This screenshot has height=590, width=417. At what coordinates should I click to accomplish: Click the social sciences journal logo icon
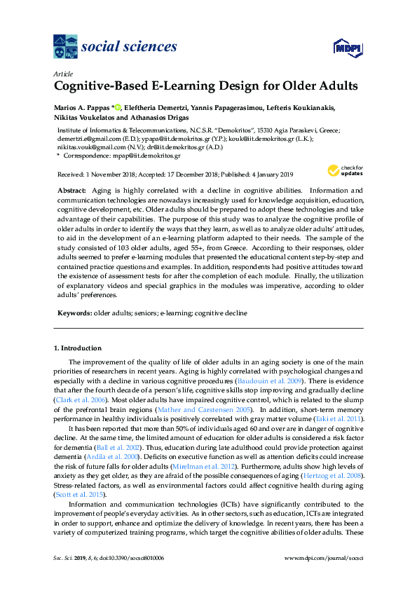66,47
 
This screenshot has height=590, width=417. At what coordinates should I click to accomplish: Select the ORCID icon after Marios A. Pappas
118,107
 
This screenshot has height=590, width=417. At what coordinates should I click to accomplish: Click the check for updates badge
342,170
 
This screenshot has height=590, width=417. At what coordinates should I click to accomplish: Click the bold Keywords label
73,313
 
